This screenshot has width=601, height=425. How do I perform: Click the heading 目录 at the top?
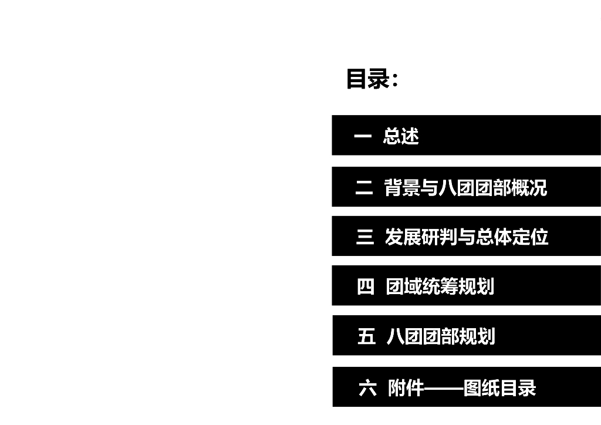tap(367, 79)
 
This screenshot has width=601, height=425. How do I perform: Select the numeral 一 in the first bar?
tap(363, 136)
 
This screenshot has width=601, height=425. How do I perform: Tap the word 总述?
tap(401, 136)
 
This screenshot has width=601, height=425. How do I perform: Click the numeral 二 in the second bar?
tap(364, 188)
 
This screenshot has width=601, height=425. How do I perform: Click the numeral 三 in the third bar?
tap(364, 237)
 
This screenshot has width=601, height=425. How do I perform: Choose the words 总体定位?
tap(512, 237)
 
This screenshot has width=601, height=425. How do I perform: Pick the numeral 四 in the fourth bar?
tap(365, 286)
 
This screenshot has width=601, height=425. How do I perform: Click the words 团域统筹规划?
tap(440, 286)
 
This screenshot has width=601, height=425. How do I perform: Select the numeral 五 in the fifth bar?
tap(366, 336)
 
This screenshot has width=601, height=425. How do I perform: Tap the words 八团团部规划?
tap(441, 336)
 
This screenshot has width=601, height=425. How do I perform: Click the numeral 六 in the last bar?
tap(367, 388)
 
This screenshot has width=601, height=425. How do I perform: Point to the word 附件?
tap(406, 388)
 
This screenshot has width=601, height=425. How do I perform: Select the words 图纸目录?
tap(499, 388)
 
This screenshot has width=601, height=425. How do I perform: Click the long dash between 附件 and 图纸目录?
tap(443, 389)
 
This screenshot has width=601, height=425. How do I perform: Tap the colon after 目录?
tap(395, 81)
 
